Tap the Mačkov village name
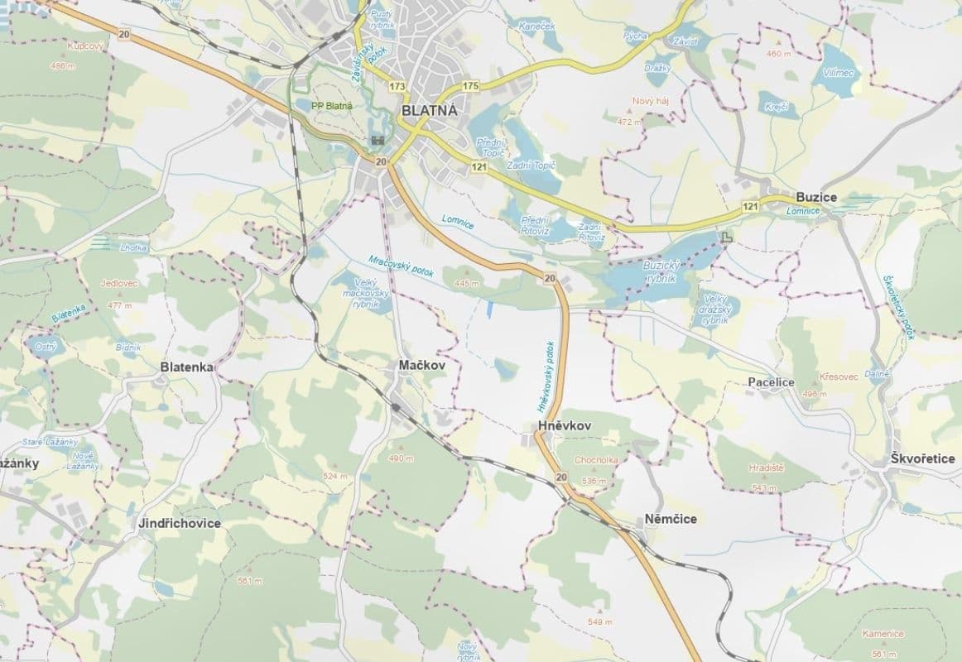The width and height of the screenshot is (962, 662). (x=421, y=365)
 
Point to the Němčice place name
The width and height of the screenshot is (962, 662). (x=670, y=519)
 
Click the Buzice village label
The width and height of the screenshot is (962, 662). (x=815, y=197)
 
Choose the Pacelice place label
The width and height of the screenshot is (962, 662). (x=770, y=382)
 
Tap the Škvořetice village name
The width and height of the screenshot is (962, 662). (x=923, y=458)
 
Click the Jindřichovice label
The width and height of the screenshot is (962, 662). (x=180, y=523)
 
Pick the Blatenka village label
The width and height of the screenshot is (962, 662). (x=187, y=367)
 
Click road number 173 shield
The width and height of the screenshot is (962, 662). (x=397, y=86)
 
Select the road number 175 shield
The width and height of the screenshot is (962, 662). (x=471, y=86)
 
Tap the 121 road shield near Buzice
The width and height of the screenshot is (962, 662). (x=751, y=205)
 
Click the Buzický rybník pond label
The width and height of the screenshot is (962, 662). (x=660, y=271)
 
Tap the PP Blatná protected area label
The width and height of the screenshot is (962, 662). (x=332, y=105)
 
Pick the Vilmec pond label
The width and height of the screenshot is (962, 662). (x=839, y=72)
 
